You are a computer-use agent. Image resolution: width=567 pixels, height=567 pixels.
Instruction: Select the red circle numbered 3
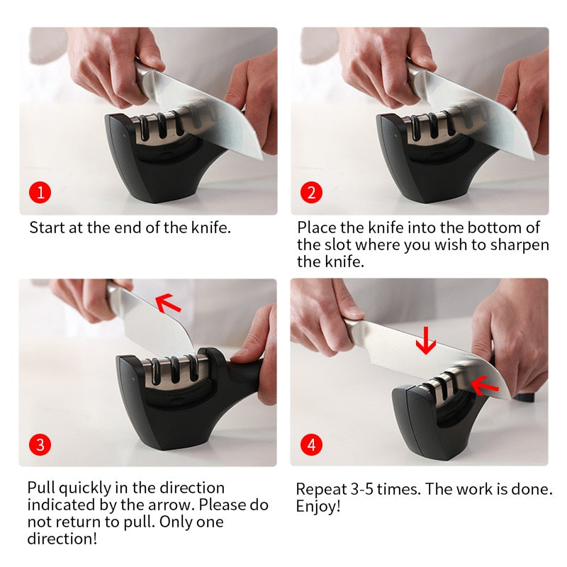coord(40,444)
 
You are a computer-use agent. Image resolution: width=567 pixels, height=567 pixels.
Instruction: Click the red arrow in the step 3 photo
coord(168,303)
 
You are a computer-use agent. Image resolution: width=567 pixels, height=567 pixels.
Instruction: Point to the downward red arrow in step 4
coord(425,341)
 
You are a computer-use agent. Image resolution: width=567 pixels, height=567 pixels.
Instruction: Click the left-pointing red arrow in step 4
coord(485,385)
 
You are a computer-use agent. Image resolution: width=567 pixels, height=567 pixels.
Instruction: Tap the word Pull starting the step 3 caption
coord(41,488)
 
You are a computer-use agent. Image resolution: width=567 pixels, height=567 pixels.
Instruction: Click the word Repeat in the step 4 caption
coord(319,490)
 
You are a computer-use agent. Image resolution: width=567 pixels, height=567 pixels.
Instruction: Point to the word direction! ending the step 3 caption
coord(62,539)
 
